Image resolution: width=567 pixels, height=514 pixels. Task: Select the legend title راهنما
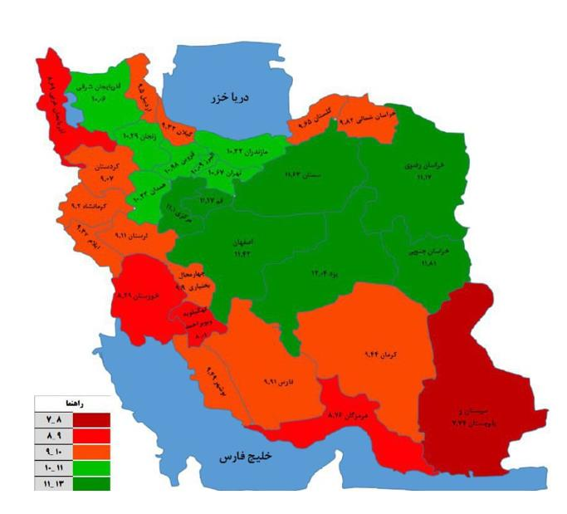[x=75, y=403]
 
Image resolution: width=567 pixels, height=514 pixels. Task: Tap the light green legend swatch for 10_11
[x=91, y=468]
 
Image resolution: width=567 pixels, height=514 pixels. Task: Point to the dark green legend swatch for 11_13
[x=91, y=483]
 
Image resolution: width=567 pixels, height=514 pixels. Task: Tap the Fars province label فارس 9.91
[x=276, y=383]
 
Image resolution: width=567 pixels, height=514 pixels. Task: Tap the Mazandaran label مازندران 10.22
[x=248, y=153]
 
